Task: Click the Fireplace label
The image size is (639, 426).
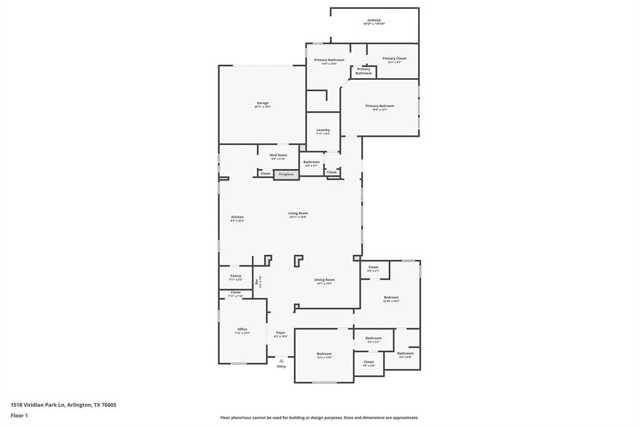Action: (286, 174)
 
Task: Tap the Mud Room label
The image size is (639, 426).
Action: (278, 155)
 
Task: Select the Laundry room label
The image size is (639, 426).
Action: (323, 130)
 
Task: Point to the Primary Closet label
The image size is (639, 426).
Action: (394, 59)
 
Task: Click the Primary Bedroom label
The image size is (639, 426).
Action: (379, 106)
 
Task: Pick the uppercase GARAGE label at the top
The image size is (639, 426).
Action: (374, 20)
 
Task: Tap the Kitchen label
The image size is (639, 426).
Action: (237, 217)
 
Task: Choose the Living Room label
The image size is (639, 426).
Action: (298, 213)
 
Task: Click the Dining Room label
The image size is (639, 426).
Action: (324, 280)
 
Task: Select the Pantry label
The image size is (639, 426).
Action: (235, 275)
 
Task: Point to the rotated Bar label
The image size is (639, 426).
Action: (256, 282)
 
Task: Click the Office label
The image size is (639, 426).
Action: (242, 329)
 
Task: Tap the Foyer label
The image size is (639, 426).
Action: (281, 333)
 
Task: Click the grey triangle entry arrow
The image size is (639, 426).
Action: (281, 360)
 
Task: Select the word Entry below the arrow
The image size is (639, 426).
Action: (281, 367)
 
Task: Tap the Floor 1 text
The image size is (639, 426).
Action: (19, 415)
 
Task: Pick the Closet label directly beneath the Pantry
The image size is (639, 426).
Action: (235, 292)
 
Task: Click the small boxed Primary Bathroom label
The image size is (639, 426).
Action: (363, 71)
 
